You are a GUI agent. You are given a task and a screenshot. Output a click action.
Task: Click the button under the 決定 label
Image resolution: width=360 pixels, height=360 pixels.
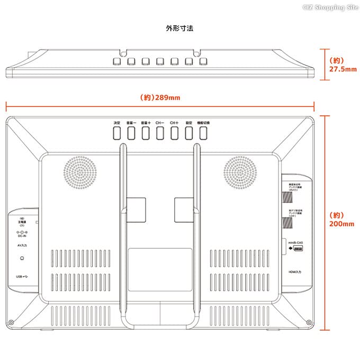click(x=116, y=133)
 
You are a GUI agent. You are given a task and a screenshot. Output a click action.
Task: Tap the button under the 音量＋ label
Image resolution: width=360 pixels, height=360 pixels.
click(x=145, y=133)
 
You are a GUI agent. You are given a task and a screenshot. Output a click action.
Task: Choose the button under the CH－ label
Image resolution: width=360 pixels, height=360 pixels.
click(x=160, y=133)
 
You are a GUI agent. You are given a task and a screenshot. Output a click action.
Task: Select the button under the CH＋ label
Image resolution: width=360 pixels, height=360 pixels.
click(x=174, y=133)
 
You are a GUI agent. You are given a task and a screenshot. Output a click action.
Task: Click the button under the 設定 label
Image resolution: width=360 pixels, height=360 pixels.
click(x=188, y=133)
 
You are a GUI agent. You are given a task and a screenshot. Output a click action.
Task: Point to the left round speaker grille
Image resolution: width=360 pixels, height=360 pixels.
click(x=82, y=173)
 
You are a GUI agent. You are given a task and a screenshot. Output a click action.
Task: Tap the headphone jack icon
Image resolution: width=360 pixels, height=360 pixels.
click(x=22, y=258)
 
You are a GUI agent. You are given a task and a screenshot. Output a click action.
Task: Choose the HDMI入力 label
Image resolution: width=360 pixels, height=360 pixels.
click(x=295, y=272)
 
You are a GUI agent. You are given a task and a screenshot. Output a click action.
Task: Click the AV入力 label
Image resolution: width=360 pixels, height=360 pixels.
click(x=21, y=246)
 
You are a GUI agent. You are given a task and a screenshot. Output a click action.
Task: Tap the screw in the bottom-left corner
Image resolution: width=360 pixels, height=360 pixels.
click(x=12, y=322)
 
